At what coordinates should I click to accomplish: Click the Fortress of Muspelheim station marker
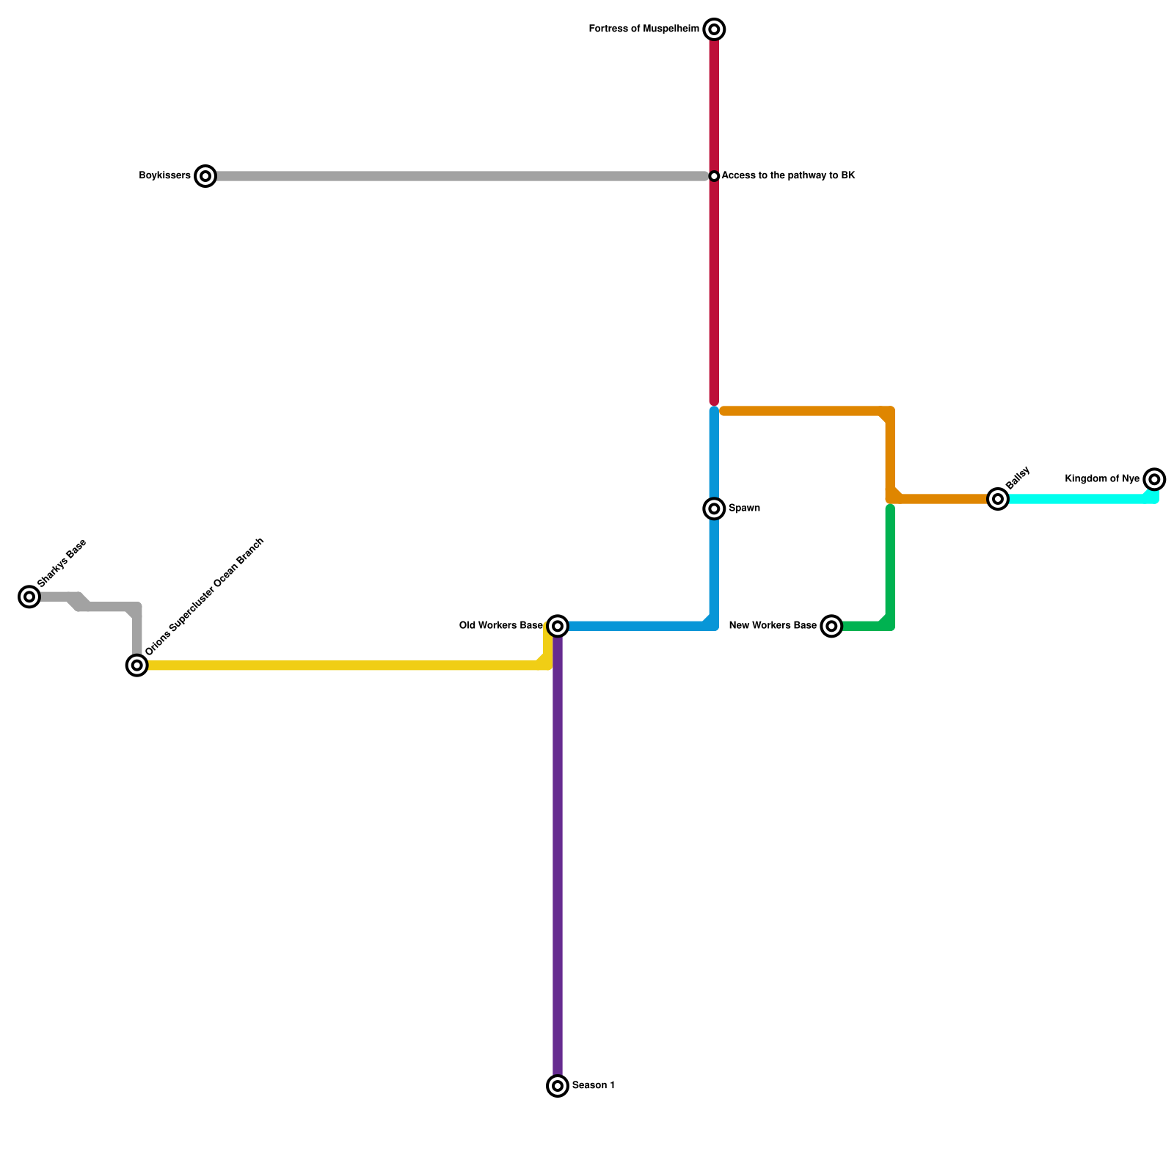[x=714, y=29]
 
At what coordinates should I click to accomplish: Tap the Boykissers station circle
[x=206, y=176]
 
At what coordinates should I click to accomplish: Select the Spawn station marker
[x=714, y=508]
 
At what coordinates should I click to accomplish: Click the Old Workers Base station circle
[x=558, y=626]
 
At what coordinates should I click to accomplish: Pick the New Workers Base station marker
[x=831, y=626]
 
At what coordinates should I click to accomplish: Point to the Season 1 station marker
[x=558, y=1085]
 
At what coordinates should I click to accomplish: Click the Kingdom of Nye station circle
[x=1154, y=479]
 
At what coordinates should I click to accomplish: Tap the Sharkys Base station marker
[x=29, y=597]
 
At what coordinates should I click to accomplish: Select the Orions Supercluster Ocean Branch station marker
[x=137, y=666]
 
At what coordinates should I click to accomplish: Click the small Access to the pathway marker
[x=714, y=176]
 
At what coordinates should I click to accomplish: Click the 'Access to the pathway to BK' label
[x=788, y=176]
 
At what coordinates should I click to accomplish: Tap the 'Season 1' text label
[x=593, y=1085]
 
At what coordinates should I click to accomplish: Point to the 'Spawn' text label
[x=744, y=508]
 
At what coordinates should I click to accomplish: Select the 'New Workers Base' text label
[x=772, y=626]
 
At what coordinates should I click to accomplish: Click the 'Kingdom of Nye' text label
[x=1102, y=479]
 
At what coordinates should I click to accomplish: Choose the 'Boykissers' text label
[x=164, y=176]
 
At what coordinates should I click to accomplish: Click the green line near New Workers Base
[x=890, y=565]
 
